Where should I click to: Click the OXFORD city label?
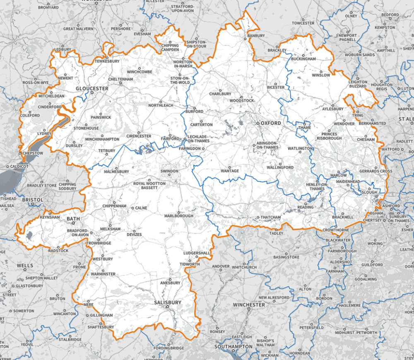point(271,123)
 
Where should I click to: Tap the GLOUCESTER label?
point(92,89)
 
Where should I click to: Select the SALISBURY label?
point(168,303)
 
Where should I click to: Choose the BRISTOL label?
point(33,200)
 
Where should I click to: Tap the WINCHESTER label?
point(248,305)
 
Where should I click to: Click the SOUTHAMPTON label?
point(233,346)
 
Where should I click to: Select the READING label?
point(306,207)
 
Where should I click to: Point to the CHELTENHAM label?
point(120,79)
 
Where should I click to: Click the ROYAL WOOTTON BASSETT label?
point(149,185)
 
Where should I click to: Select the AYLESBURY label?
point(333,109)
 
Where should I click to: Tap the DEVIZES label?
point(133,234)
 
